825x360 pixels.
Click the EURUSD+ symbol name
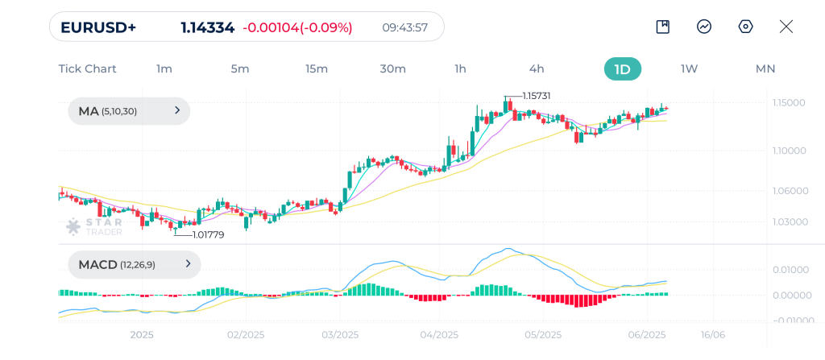click(x=98, y=27)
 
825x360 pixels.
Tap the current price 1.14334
click(x=207, y=27)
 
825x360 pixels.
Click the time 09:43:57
click(x=404, y=27)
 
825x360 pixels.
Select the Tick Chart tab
click(x=87, y=68)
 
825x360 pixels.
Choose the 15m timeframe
click(x=317, y=68)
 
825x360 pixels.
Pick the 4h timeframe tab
click(x=537, y=68)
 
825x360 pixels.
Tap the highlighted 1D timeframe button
click(x=622, y=68)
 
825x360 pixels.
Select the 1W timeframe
click(x=689, y=68)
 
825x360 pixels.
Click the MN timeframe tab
click(x=765, y=68)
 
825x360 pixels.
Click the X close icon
click(x=786, y=27)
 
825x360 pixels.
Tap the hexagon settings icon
click(x=745, y=27)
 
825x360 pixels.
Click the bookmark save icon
click(x=662, y=27)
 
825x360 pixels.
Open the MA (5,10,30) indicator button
click(x=129, y=111)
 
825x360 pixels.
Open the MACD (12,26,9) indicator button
click(x=134, y=264)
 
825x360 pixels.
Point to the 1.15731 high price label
click(x=536, y=96)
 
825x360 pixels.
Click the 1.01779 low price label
click(x=208, y=234)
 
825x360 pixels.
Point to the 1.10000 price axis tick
click(x=790, y=151)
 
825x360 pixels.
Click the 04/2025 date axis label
click(x=439, y=334)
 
